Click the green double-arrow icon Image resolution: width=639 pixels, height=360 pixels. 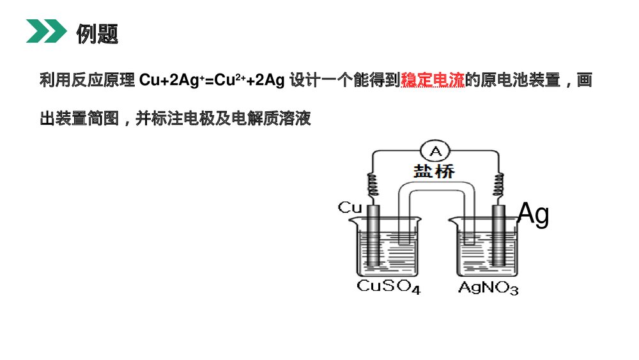coord(45,31)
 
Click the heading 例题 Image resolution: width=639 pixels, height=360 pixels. coord(97,33)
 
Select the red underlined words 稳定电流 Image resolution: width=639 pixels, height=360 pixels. coord(432,81)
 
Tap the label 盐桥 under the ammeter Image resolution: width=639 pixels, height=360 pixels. coord(435,171)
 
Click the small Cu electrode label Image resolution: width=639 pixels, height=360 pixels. coord(350,207)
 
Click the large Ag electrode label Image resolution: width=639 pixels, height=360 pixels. coord(533,215)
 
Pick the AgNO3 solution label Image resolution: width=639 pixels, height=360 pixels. coord(488,287)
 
